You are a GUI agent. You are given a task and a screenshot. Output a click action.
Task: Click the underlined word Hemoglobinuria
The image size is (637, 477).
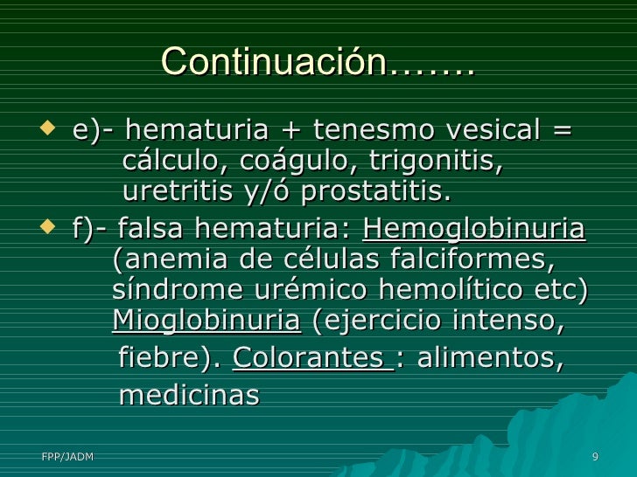473,231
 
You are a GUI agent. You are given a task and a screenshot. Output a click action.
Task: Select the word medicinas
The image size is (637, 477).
189,396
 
